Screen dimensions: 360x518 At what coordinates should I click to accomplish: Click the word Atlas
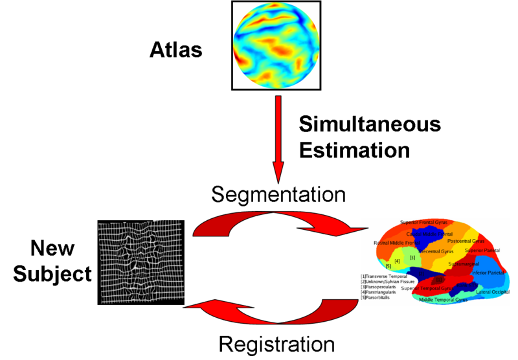[176, 50]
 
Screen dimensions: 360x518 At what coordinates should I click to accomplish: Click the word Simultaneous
[369, 124]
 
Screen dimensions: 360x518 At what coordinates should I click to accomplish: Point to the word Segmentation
[278, 194]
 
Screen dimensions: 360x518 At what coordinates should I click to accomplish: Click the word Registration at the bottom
[276, 343]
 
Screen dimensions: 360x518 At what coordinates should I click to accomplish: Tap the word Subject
[53, 274]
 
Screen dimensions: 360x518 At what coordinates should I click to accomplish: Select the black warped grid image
[142, 262]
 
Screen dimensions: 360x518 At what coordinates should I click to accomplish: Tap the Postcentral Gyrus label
[466, 241]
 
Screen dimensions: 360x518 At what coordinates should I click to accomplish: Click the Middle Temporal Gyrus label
[444, 300]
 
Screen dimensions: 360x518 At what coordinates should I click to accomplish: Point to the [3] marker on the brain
[412, 257]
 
